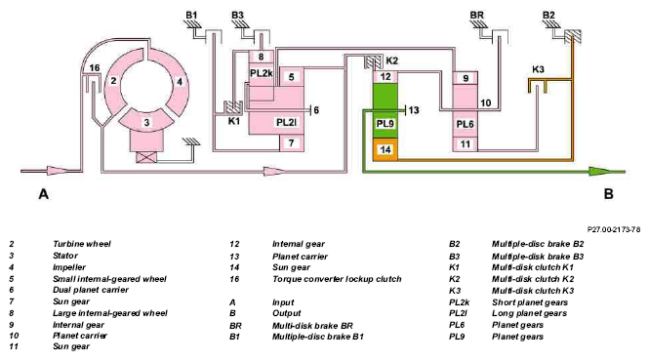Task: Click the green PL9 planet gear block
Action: (385, 110)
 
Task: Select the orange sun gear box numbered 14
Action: (385, 149)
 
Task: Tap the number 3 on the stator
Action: (146, 123)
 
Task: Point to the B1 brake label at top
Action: (191, 16)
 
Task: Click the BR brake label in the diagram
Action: (477, 16)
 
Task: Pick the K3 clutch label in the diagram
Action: (538, 69)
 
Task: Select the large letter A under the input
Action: (44, 193)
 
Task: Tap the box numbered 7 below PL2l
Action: (292, 143)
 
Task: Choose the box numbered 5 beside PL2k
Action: (292, 76)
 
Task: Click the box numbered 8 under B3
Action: (261, 57)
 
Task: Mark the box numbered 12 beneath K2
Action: (385, 76)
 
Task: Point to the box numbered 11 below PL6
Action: (466, 144)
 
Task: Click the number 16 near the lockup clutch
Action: (95, 68)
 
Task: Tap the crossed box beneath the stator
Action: (146, 158)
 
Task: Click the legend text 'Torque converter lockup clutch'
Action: (337, 279)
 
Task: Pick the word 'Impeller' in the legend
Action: (69, 267)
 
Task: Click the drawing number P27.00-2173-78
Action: (614, 229)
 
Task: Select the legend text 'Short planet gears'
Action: (530, 302)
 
